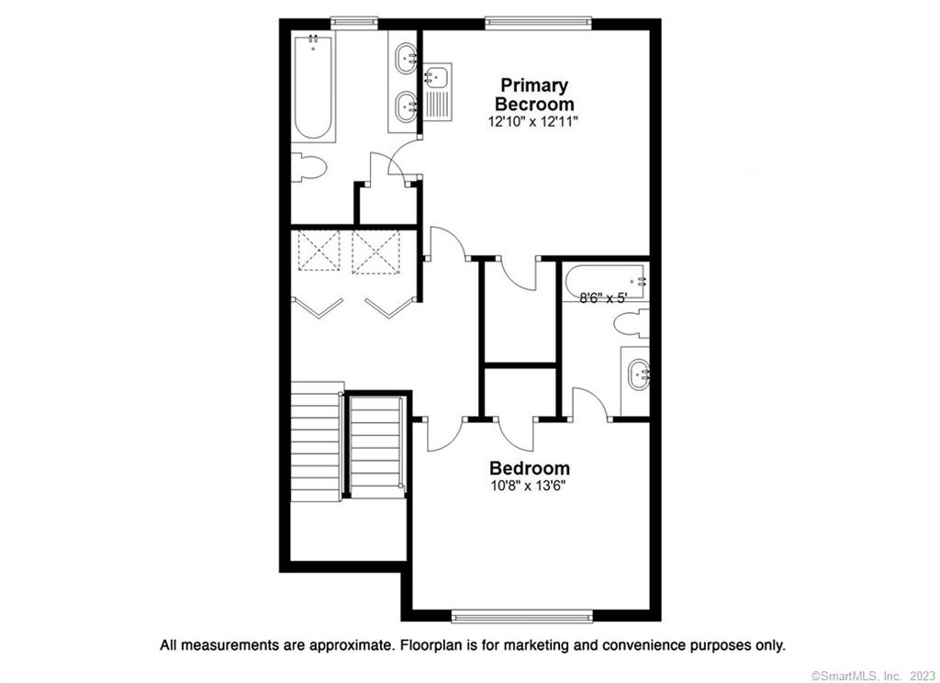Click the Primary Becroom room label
point(534,95)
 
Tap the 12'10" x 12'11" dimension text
point(533,122)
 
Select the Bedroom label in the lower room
point(530,467)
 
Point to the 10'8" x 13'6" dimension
point(529,487)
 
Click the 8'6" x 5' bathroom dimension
point(603,297)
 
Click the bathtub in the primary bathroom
point(313,87)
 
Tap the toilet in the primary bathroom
point(308,167)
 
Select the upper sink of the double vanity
point(407,58)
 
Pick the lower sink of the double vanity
point(407,106)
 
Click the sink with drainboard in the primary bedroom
point(438,93)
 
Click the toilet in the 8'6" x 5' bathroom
point(632,324)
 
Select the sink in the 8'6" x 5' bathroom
point(638,375)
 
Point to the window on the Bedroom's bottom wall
point(521,616)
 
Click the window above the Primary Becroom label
point(538,23)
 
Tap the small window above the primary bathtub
point(353,23)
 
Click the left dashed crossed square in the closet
point(319,251)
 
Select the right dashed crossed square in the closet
point(375,252)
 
